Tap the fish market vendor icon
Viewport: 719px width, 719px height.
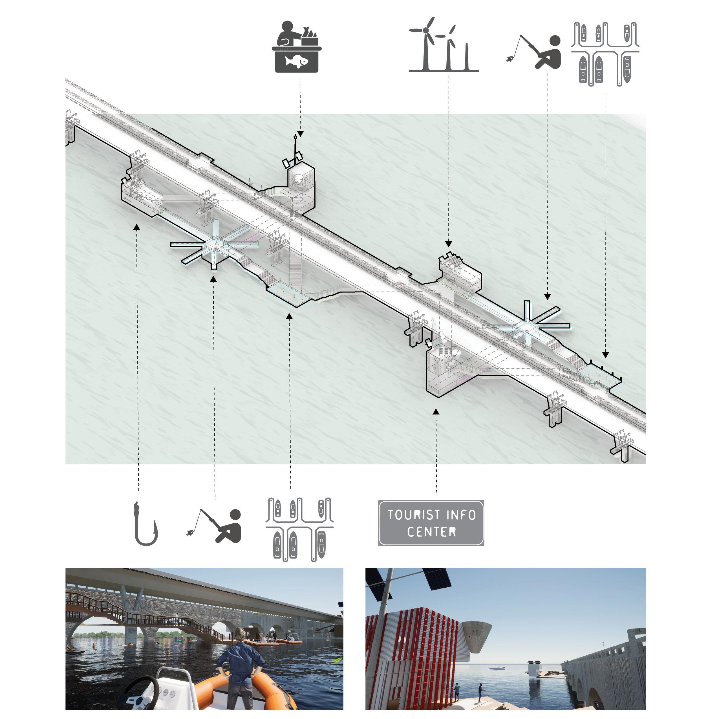click(297, 47)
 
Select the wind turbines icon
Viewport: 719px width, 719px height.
click(443, 45)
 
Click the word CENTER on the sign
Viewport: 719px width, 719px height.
click(431, 532)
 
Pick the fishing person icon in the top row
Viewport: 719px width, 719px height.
click(534, 52)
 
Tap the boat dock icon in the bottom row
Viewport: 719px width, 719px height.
click(299, 530)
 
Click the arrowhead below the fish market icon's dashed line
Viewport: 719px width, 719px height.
click(300, 134)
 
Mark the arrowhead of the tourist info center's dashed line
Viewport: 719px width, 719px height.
click(436, 412)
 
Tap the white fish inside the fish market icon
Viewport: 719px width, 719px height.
click(297, 61)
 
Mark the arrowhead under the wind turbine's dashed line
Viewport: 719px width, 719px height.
click(448, 244)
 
